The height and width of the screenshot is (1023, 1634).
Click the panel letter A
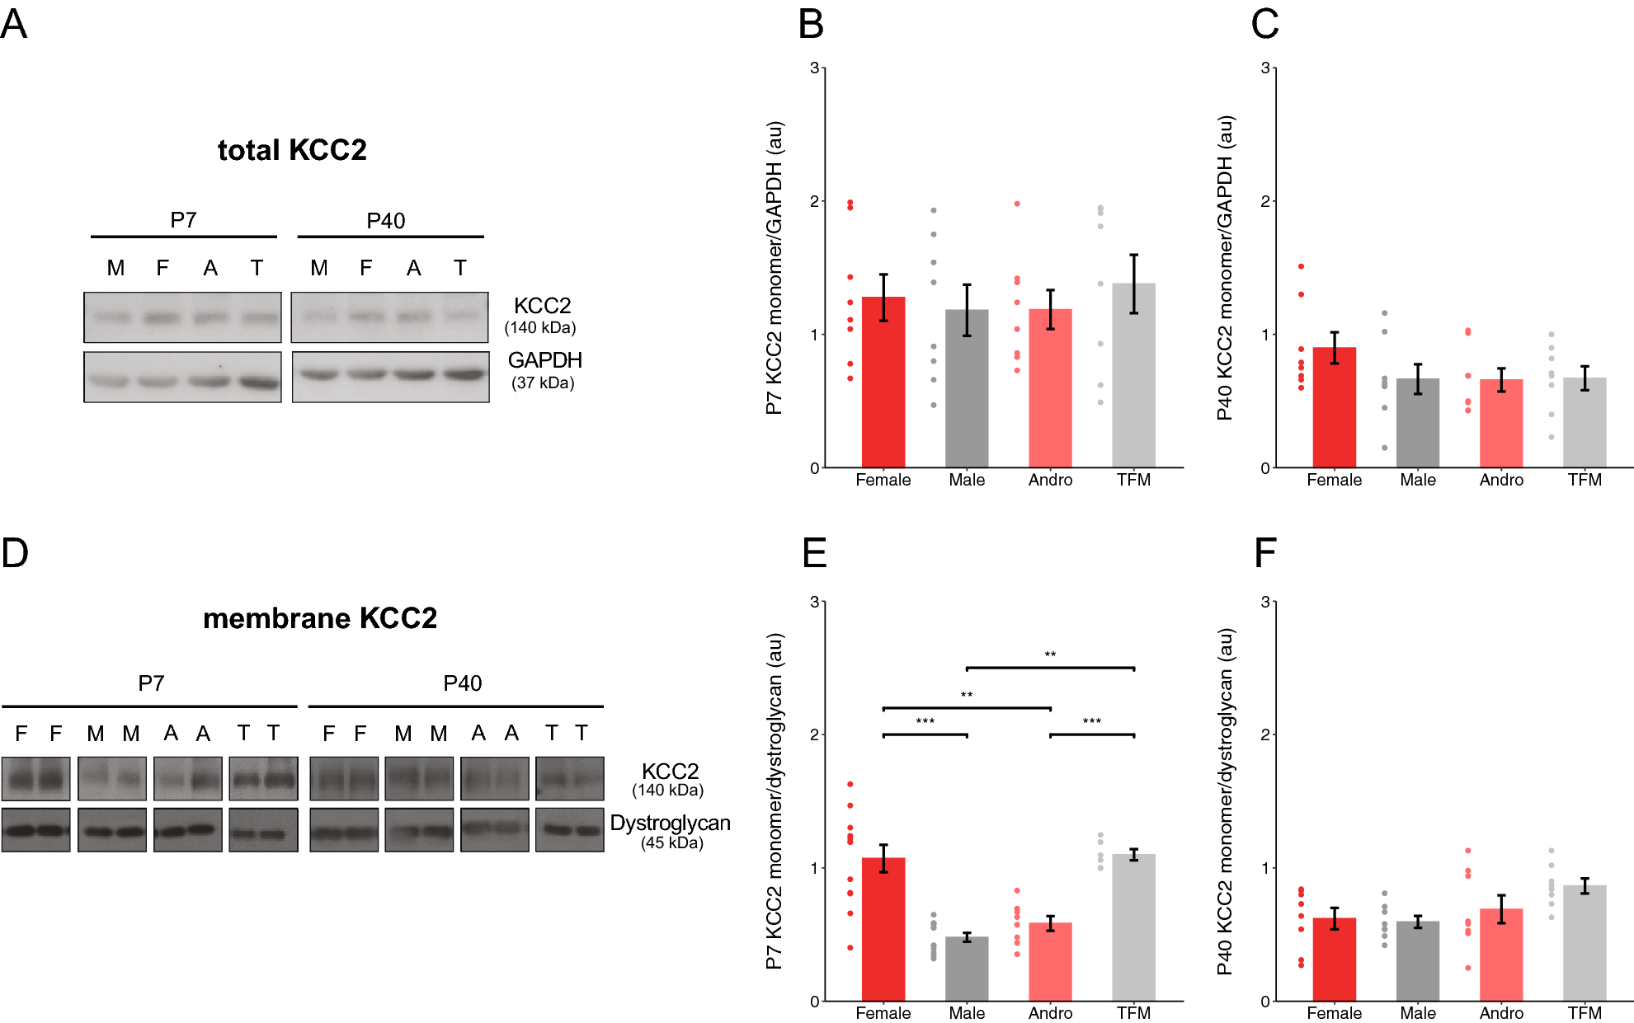click(x=14, y=24)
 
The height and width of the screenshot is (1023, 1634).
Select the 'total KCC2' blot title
click(x=292, y=150)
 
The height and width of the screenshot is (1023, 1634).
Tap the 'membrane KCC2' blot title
click(x=320, y=618)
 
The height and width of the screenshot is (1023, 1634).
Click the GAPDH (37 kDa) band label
click(x=544, y=370)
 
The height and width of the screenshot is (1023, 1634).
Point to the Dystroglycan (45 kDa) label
click(x=670, y=831)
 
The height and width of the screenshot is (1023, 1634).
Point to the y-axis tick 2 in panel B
click(x=814, y=201)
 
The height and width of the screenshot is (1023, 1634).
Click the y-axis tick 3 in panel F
click(x=1265, y=602)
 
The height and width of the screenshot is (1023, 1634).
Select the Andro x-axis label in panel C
click(x=1501, y=480)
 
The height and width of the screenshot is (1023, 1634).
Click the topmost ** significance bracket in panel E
click(x=1050, y=667)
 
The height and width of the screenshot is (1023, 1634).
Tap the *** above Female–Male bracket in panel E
click(x=925, y=722)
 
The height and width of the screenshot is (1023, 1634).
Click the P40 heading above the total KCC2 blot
click(x=385, y=221)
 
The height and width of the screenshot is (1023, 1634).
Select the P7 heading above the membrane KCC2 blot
click(x=151, y=683)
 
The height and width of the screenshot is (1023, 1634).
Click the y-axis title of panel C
click(x=1225, y=268)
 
